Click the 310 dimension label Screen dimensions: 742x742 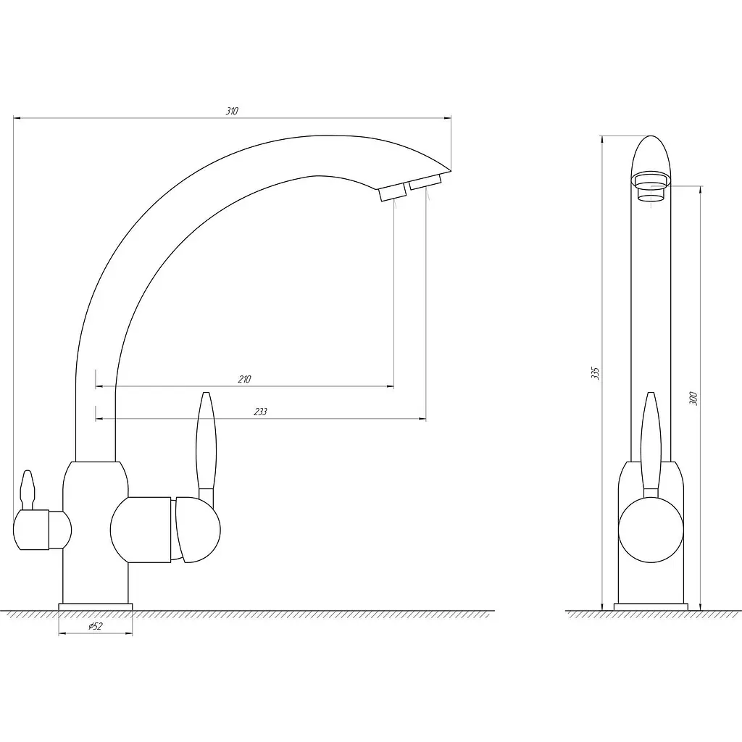(x=232, y=111)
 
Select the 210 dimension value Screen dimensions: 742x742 (x=245, y=379)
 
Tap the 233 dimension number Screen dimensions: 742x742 (x=260, y=412)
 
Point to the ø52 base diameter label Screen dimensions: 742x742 (x=95, y=626)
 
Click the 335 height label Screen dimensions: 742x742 (x=596, y=373)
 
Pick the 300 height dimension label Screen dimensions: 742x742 (x=693, y=399)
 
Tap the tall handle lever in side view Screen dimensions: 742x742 (x=651, y=445)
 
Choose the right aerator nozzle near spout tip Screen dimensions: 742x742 (x=425, y=182)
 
